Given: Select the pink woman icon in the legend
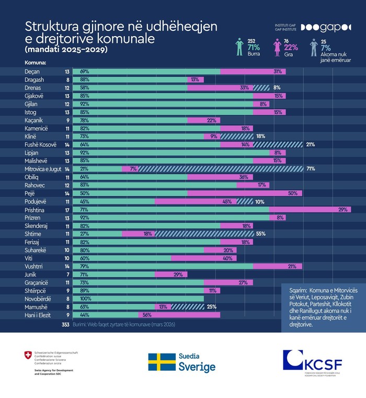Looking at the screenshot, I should tap(278, 47).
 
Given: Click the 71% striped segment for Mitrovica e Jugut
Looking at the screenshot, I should tap(220, 169).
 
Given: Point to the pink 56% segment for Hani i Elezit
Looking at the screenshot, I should tap(179, 315).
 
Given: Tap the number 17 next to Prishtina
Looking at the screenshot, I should tap(67, 209).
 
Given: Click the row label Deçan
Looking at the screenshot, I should tap(32, 71).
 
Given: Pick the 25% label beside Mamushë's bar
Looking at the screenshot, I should tap(211, 307).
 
